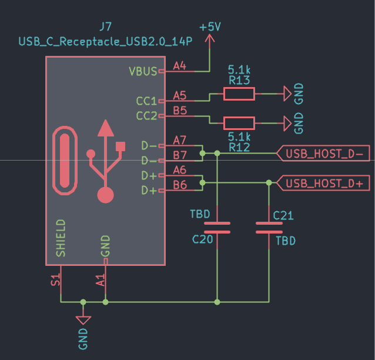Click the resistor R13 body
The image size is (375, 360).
pos(239,94)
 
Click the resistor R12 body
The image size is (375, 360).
pos(239,123)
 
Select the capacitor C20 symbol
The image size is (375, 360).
pos(217,228)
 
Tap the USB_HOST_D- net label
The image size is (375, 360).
pos(322,154)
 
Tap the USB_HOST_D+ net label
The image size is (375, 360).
pos(322,183)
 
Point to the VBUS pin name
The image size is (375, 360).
pos(143,71)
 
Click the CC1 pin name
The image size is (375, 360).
pos(146,101)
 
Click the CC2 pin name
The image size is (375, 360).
pos(146,115)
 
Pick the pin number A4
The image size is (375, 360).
pos(180,66)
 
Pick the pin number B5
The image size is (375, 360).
pos(180,110)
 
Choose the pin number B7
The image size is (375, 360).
pos(180,155)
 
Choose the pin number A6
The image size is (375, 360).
pos(180,169)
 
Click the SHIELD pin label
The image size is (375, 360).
pos(61,238)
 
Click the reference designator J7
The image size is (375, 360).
pos(105,27)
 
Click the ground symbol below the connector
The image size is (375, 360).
pos(83,319)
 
